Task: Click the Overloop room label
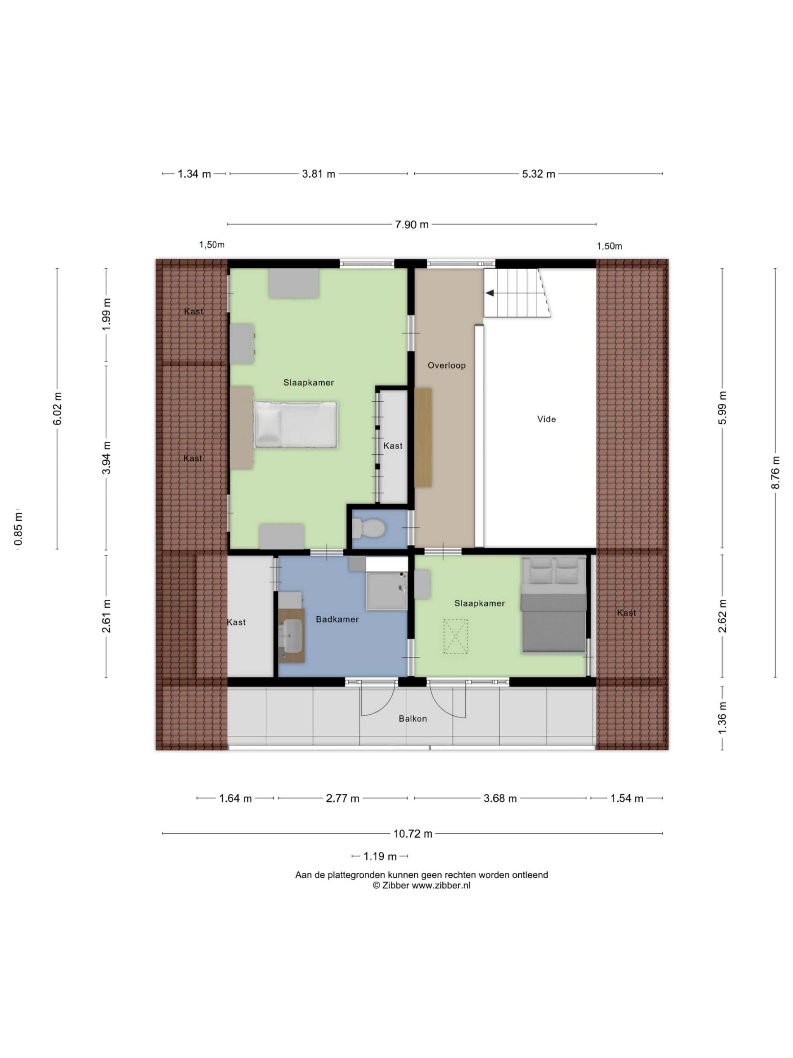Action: tap(446, 365)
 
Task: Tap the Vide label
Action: tap(546, 419)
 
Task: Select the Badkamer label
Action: tap(337, 619)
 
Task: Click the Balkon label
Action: tap(413, 718)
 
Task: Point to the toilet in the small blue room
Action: tap(368, 529)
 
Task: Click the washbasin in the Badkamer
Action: tap(292, 636)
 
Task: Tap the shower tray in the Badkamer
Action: tap(386, 591)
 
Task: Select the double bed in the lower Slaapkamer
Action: tap(553, 604)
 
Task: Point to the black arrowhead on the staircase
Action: tap(489, 293)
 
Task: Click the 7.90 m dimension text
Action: tap(411, 224)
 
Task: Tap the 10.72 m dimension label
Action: tap(413, 834)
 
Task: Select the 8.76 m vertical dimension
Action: tap(775, 472)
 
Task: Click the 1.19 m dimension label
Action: tap(380, 856)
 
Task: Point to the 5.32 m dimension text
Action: tap(538, 174)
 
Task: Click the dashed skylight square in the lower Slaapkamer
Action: tap(455, 636)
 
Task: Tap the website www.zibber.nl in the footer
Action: tap(441, 885)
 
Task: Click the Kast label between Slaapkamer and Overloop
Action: tap(393, 446)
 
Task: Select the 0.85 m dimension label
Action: tap(18, 529)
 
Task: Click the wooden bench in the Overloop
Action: tap(423, 437)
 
